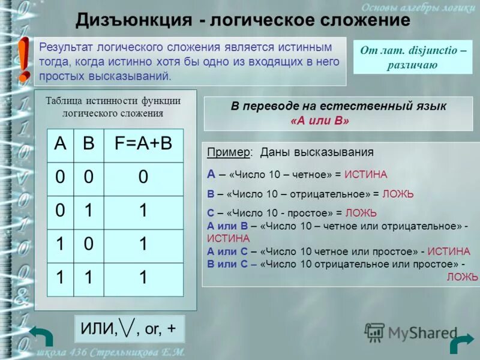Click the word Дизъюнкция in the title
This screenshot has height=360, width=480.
tap(133, 20)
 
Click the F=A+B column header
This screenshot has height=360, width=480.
tap(143, 144)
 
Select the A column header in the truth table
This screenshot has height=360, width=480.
tap(60, 144)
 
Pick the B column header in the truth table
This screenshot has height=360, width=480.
tap(88, 144)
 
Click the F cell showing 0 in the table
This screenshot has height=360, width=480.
tap(143, 178)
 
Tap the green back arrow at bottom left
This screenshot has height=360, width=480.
tap(41, 338)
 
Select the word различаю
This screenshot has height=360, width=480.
tap(412, 65)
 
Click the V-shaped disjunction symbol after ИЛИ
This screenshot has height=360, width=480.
tap(127, 328)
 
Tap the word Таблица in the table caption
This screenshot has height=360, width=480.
tap(64, 101)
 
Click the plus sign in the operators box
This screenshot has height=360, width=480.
tap(172, 329)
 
